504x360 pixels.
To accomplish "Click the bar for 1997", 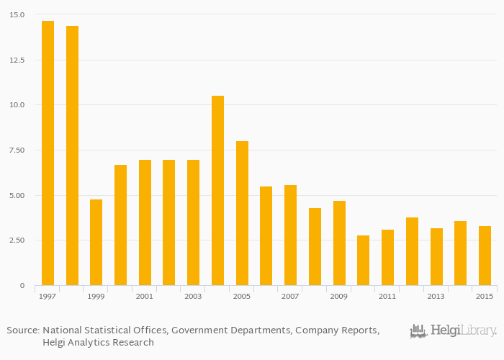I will pyautogui.click(x=48, y=153).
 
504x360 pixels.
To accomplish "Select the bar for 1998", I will pyautogui.click(x=72, y=156).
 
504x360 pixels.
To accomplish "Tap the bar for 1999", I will pyautogui.click(x=96, y=242).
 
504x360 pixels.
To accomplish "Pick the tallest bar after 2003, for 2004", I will pyautogui.click(x=217, y=190).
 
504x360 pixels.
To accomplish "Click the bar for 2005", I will pyautogui.click(x=242, y=213).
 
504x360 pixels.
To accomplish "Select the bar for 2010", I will pyautogui.click(x=363, y=260).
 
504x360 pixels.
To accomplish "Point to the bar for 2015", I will pyautogui.click(x=485, y=256).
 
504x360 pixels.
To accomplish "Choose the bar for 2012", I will pyautogui.click(x=412, y=251).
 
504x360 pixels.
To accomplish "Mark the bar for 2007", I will pyautogui.click(x=290, y=235).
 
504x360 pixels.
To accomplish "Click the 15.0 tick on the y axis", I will pyautogui.click(x=17, y=14).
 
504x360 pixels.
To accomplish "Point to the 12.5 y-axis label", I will pyautogui.click(x=17, y=60).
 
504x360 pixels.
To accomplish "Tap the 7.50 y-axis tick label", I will pyautogui.click(x=17, y=150).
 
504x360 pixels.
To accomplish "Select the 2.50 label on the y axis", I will pyautogui.click(x=17, y=240).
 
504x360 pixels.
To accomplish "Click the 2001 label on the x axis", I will pyautogui.click(x=145, y=296).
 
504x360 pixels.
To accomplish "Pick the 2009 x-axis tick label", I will pyautogui.click(x=338, y=296).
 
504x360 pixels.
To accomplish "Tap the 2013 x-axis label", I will pyautogui.click(x=436, y=296).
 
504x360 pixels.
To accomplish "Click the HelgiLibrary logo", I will pyautogui.click(x=454, y=331).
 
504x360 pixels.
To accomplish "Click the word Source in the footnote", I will pyautogui.click(x=22, y=330).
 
